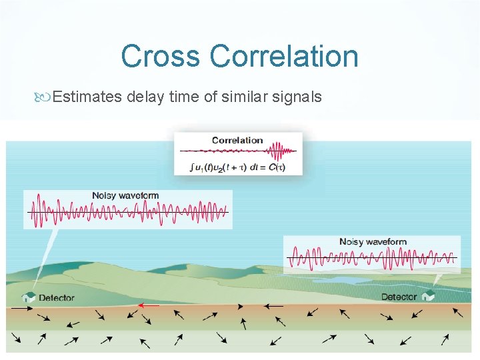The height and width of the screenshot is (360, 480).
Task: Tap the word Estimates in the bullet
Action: (x=87, y=97)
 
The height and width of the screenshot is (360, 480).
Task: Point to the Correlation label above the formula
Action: (x=237, y=141)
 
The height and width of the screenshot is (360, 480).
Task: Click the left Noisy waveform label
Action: (x=125, y=195)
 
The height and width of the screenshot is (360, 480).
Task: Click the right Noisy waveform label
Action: (x=373, y=241)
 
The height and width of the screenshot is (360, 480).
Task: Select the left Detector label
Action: (x=57, y=298)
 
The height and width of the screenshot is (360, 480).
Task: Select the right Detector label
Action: (x=399, y=297)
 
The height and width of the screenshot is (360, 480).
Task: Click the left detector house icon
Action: (x=29, y=297)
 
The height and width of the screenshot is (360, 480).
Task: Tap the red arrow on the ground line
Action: (x=149, y=305)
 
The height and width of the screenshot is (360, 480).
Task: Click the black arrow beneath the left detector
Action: (x=21, y=309)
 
